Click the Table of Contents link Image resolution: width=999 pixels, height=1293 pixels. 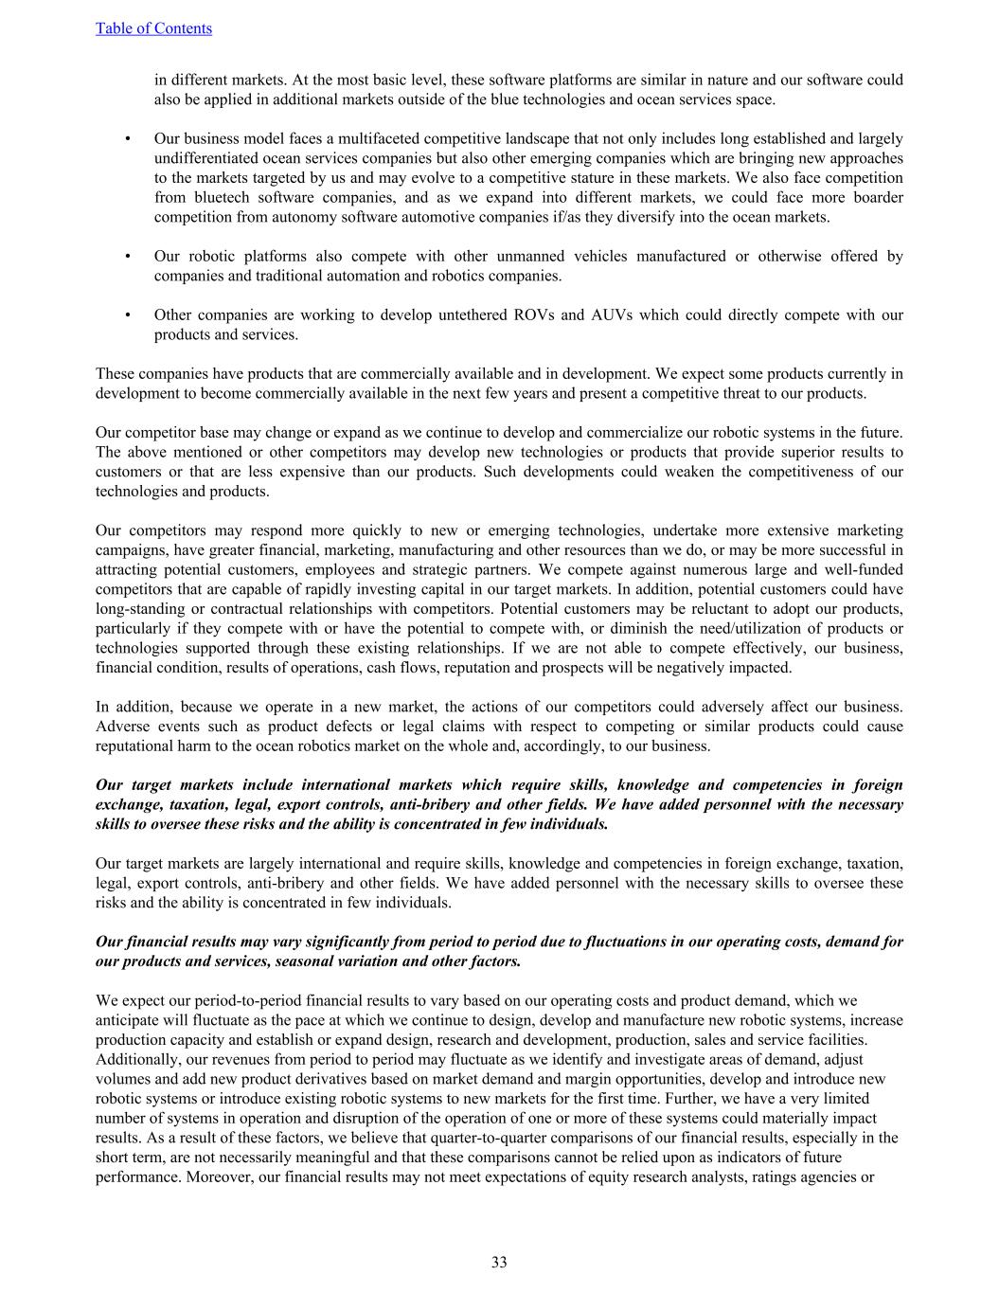pos(153,28)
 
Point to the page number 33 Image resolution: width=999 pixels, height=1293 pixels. pos(499,1262)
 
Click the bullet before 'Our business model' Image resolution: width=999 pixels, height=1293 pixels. pos(127,138)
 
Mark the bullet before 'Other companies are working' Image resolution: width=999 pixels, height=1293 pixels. pos(127,314)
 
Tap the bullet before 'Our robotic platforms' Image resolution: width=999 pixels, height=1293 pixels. pos(127,256)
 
